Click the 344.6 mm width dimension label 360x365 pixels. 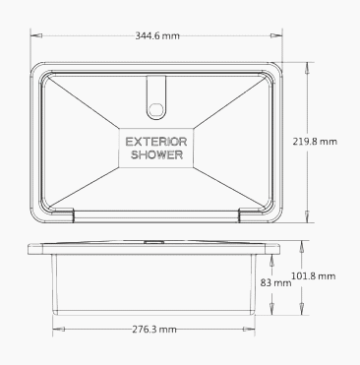[157, 35]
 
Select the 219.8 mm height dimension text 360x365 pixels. [315, 142]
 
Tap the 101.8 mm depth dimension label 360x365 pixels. [314, 276]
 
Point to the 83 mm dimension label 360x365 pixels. [275, 282]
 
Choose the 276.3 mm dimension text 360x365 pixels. [154, 329]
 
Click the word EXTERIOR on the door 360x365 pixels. [156, 142]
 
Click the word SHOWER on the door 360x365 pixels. [156, 154]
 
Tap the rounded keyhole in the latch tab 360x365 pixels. [156, 109]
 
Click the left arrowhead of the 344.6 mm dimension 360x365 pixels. [36, 35]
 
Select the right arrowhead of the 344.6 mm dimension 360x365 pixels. [276, 35]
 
